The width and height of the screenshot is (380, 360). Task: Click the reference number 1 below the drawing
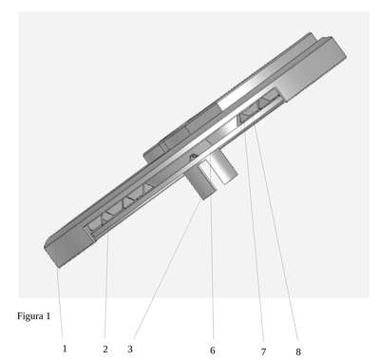(x=65, y=349)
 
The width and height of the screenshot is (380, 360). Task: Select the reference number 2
(x=105, y=349)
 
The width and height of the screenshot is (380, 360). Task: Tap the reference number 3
(x=130, y=349)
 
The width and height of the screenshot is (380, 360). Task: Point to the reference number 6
(x=213, y=351)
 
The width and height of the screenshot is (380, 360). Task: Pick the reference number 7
(x=263, y=351)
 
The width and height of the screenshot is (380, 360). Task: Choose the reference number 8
(x=298, y=351)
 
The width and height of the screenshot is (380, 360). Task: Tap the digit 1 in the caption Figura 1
(x=48, y=315)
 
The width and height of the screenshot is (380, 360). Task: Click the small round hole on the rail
(x=193, y=156)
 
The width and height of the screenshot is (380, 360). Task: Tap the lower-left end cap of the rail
(x=69, y=246)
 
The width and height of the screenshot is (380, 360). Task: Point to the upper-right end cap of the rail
(x=313, y=68)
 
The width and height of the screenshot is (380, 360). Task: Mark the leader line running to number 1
(x=61, y=305)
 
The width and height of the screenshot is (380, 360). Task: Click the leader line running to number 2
(x=106, y=289)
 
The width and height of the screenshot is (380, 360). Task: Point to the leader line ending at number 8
(x=275, y=235)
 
